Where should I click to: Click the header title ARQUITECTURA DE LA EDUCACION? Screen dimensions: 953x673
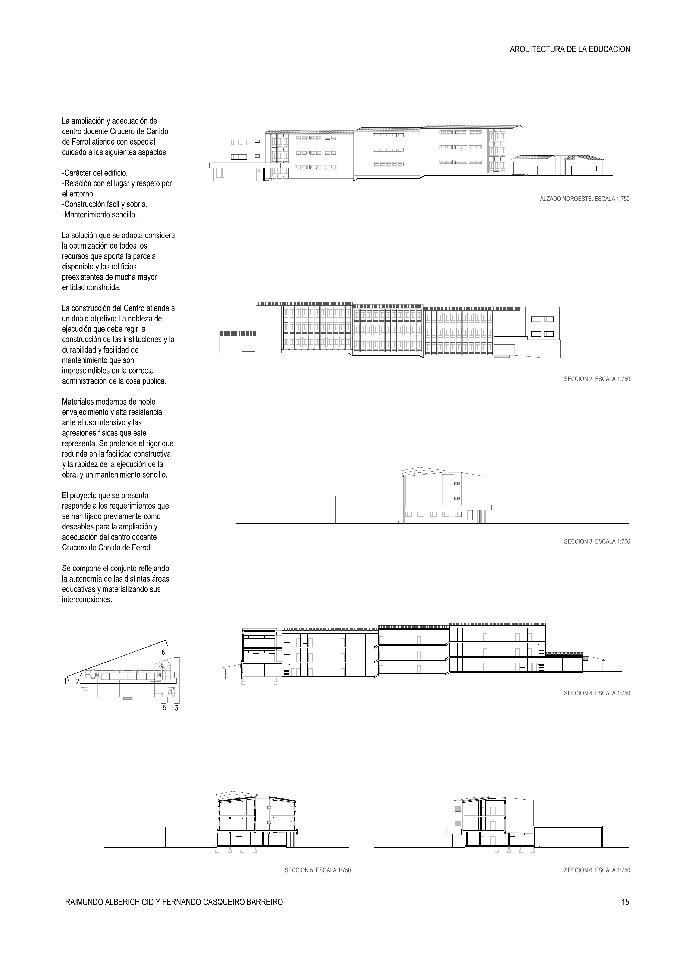pos(570,49)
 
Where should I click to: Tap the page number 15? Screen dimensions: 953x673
pos(625,902)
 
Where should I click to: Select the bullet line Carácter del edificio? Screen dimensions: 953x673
pos(95,173)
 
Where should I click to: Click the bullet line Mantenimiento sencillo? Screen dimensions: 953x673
pos(100,215)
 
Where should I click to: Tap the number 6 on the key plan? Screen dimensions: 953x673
pos(163,652)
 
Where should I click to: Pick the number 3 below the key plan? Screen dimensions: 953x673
pos(177,708)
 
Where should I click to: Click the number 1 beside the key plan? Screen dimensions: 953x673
pos(65,681)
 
